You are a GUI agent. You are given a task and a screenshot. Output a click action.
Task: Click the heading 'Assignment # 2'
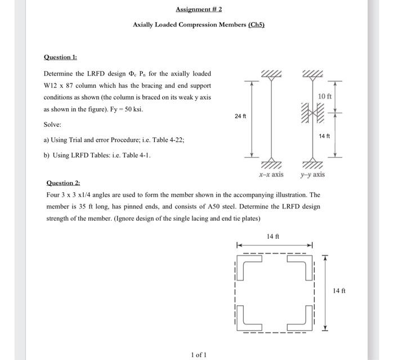click(198, 10)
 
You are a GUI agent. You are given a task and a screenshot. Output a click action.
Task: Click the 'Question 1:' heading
click(61, 57)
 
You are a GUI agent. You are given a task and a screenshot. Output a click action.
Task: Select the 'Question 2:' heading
click(63, 183)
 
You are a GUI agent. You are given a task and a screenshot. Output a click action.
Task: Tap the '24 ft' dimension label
click(240, 116)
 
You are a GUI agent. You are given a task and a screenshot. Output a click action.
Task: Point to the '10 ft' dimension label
click(325, 96)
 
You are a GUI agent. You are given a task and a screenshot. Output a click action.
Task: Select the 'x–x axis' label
click(271, 175)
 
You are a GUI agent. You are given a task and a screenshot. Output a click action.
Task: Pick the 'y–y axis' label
click(312, 175)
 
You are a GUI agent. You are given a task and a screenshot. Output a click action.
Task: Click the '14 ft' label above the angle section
click(272, 237)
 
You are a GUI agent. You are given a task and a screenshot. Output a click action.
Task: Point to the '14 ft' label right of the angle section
click(339, 291)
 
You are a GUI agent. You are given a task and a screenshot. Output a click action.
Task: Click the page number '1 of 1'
click(198, 354)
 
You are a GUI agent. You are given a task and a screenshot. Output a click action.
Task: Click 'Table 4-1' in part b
click(136, 155)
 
